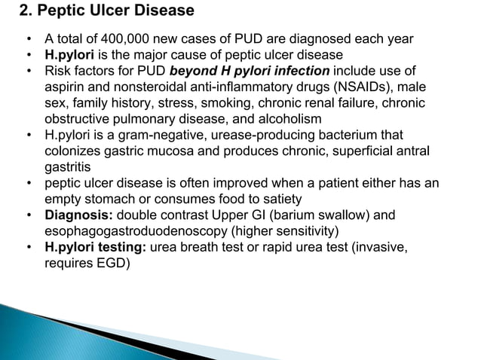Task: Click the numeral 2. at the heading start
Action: click(24, 11)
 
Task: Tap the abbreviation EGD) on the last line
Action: click(109, 261)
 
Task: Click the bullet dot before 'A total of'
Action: click(28, 39)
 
